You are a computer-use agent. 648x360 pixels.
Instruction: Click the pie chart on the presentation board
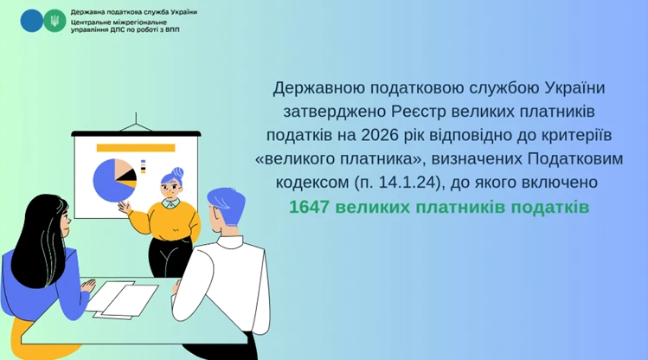point(112,178)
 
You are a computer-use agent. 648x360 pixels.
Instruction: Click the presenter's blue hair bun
point(177,170)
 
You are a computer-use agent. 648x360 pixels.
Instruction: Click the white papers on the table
point(121,299)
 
